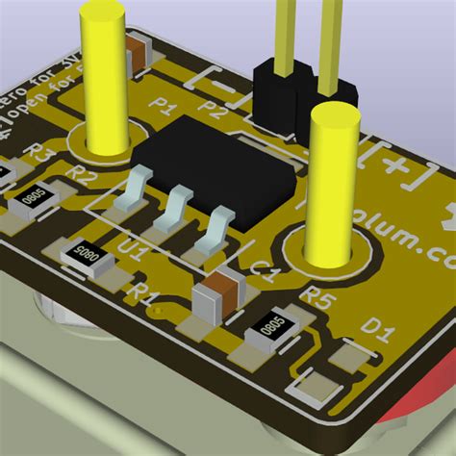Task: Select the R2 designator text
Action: coord(84,176)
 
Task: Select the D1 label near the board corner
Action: coord(377,334)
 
